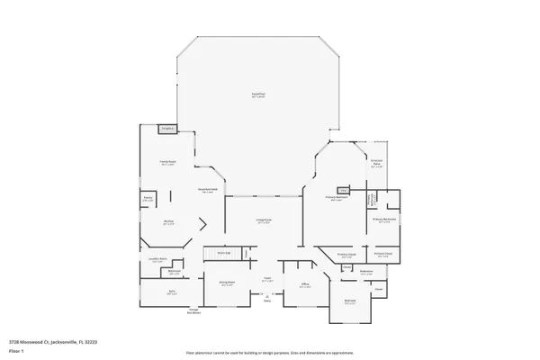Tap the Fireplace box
166,130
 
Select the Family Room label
166,164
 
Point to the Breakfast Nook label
206,190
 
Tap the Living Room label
264,221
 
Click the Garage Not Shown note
193,311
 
